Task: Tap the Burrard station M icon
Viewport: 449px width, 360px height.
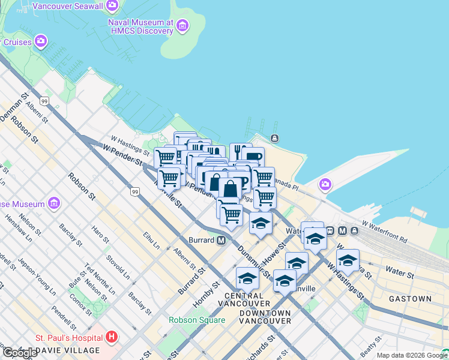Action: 221,241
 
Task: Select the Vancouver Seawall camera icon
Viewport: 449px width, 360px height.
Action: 112,6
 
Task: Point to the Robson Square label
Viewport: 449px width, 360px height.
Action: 197,320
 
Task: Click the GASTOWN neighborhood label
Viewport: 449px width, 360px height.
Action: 410,298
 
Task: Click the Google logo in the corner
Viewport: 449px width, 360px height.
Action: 19,353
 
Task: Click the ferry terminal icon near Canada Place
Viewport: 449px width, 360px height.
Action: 274,139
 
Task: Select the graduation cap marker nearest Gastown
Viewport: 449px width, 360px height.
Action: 348,260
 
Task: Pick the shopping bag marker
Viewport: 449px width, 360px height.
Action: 230,188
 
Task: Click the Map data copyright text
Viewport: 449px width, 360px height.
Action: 412,355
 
